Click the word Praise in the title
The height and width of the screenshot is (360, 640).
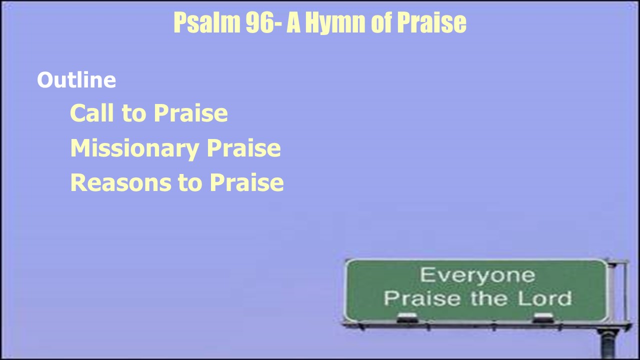(x=431, y=22)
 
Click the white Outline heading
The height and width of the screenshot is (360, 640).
(x=76, y=79)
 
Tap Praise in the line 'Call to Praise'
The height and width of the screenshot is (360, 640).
(x=191, y=113)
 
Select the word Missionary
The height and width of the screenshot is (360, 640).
(x=134, y=148)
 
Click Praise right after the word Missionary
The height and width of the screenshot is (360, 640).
(x=243, y=147)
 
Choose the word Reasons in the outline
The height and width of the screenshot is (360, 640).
(x=121, y=182)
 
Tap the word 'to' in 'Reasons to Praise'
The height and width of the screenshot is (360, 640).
(x=190, y=183)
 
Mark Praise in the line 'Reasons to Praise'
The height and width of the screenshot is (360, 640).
(x=247, y=182)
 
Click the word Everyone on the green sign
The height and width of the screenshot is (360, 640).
(x=477, y=275)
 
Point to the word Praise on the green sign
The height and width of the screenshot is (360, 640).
(x=422, y=298)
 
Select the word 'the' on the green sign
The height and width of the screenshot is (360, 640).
(x=489, y=298)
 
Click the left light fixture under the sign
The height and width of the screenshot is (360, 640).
(x=407, y=317)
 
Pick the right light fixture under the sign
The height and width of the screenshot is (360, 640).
(x=543, y=317)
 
